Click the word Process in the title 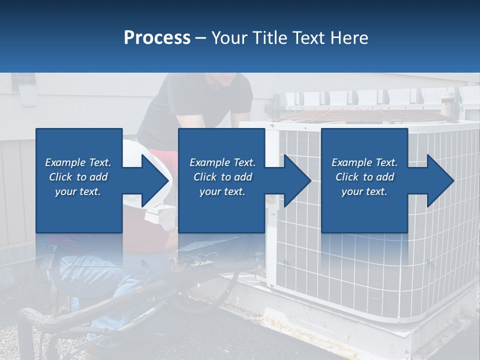click(157, 38)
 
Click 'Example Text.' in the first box click(78, 162)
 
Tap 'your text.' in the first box click(78, 191)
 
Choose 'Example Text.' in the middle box click(222, 162)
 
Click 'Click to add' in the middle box click(222, 177)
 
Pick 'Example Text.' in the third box click(364, 162)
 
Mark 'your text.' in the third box click(364, 191)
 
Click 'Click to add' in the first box click(78, 177)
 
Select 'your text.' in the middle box click(222, 191)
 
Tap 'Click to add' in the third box click(364, 177)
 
